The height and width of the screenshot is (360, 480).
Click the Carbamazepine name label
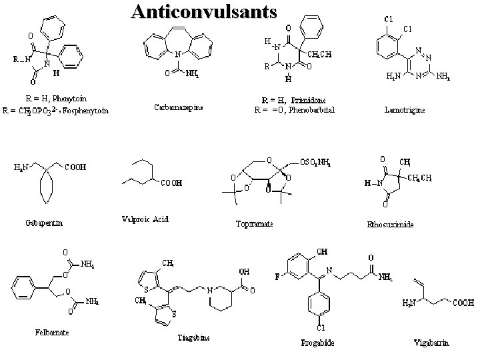click(178, 106)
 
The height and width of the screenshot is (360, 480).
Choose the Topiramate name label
click(255, 224)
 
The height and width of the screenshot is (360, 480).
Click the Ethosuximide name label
click(390, 225)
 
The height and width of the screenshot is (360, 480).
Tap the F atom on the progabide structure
click(278, 273)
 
